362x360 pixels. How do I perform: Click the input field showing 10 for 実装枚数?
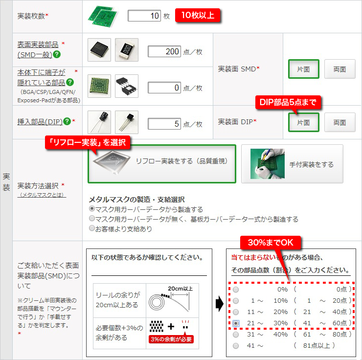[144, 16]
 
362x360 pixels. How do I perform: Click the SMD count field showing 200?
[164, 51]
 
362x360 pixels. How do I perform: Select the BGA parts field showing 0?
[164, 88]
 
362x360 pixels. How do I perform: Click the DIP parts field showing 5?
[164, 124]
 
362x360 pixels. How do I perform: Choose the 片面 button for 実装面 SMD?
[304, 69]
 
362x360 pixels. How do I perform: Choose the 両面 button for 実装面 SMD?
[339, 69]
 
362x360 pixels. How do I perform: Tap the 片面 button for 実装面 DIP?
[304, 122]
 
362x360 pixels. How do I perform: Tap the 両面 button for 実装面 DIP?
[339, 122]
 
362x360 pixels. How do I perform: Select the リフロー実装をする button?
[162, 164]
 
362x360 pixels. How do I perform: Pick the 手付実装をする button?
[292, 164]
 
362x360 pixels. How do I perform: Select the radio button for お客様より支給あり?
[92, 228]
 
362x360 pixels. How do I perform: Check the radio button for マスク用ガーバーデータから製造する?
[92, 209]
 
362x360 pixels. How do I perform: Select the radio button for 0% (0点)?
[236, 290]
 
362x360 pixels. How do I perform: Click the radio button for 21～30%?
[236, 323]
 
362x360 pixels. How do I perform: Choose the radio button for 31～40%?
[236, 335]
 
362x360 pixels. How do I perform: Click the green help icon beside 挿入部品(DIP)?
[67, 121]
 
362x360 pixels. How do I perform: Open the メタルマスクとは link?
[42, 195]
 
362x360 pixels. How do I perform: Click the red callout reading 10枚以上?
[198, 15]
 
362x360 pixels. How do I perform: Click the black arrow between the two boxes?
[220, 303]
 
